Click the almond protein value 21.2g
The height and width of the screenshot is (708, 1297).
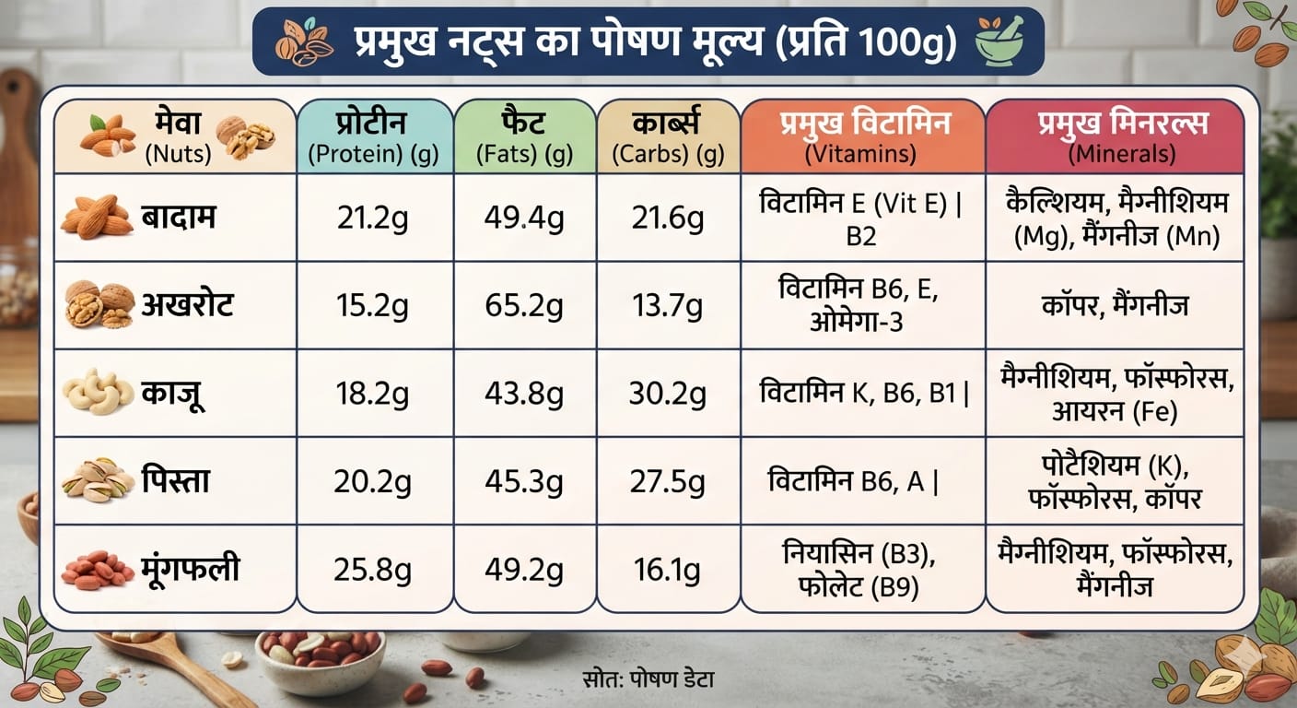[372, 218]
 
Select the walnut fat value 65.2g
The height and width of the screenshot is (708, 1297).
[524, 306]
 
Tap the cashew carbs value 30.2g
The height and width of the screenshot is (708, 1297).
[668, 394]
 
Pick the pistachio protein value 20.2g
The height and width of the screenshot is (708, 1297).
[372, 481]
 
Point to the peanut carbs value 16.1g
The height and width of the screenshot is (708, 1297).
[668, 570]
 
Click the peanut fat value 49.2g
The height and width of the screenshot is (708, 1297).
[524, 570]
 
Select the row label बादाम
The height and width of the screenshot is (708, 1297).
[179, 218]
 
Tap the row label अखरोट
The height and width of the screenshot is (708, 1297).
[188, 305]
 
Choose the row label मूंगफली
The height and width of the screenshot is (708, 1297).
[191, 568]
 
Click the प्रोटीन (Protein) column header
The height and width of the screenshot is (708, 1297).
[373, 136]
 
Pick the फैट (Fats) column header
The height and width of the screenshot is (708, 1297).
[524, 136]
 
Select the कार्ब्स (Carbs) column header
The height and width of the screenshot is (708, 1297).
[668, 136]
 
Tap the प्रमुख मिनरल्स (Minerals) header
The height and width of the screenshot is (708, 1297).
[1122, 136]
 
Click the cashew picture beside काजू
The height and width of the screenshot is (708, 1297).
[98, 392]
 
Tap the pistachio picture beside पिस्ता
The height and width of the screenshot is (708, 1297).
[99, 480]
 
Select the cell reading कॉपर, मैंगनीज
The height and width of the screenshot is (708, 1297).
[1115, 306]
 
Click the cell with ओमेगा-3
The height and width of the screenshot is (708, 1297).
[859, 305]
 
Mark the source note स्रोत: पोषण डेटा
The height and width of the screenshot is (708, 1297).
[648, 679]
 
